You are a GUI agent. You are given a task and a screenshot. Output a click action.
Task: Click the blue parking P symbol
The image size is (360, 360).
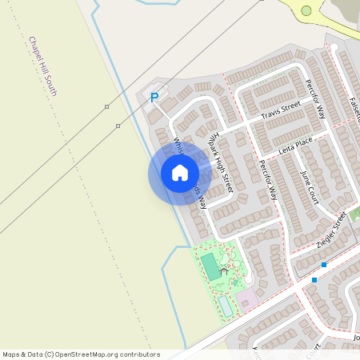[154, 98]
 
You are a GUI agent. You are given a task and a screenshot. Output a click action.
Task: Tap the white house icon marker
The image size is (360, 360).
[180, 173]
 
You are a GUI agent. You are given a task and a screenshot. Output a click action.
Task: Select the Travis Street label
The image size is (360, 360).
[280, 110]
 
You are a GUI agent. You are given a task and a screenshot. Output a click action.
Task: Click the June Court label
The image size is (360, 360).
[309, 186]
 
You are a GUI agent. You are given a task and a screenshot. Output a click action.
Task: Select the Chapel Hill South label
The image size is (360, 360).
[42, 66]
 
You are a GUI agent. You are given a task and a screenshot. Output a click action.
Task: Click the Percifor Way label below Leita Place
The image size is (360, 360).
[267, 179]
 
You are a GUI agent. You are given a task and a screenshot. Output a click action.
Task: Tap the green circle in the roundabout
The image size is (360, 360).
[306, 10]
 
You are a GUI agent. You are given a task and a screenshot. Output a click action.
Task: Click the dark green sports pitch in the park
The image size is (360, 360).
[210, 266]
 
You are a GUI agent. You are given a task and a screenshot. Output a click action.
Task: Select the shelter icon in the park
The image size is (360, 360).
[224, 270]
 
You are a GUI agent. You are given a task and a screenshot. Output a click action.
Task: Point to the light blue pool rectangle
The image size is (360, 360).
[226, 305]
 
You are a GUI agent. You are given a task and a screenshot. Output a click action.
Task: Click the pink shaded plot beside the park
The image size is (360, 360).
[246, 298]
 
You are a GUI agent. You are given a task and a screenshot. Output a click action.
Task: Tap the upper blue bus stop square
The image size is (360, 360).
[324, 264]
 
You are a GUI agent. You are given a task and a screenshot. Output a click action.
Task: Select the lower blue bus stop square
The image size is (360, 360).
[314, 280]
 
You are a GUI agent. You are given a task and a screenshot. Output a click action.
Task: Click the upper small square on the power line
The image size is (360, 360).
[106, 106]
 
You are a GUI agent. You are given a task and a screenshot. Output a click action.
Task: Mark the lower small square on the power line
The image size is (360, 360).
[118, 126]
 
